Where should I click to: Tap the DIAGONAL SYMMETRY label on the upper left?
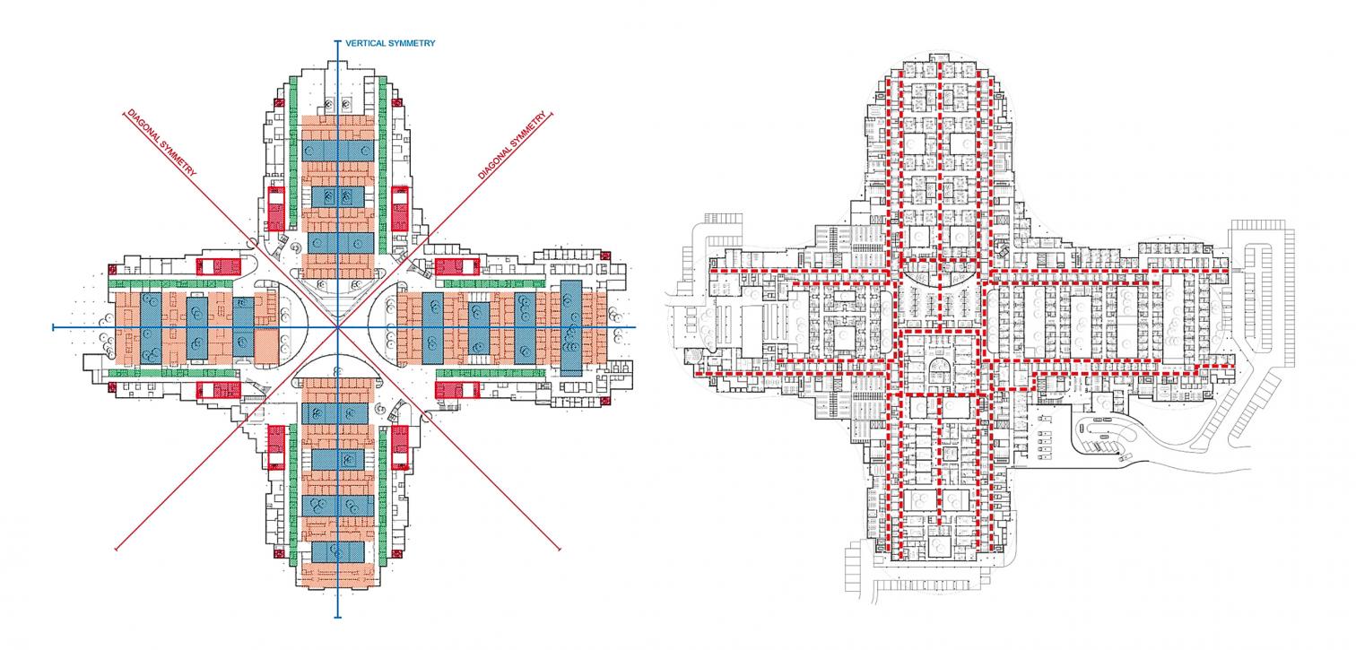pyautogui.click(x=162, y=144)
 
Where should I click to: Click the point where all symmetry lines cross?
pyautogui.click(x=338, y=327)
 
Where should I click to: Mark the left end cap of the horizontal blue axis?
pyautogui.click(x=54, y=327)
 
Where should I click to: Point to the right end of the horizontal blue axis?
pyautogui.click(x=635, y=327)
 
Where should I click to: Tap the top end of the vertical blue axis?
pyautogui.click(x=338, y=41)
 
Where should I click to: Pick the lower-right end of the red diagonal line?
pyautogui.click(x=558, y=548)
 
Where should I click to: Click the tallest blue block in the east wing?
pyautogui.click(x=571, y=320)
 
